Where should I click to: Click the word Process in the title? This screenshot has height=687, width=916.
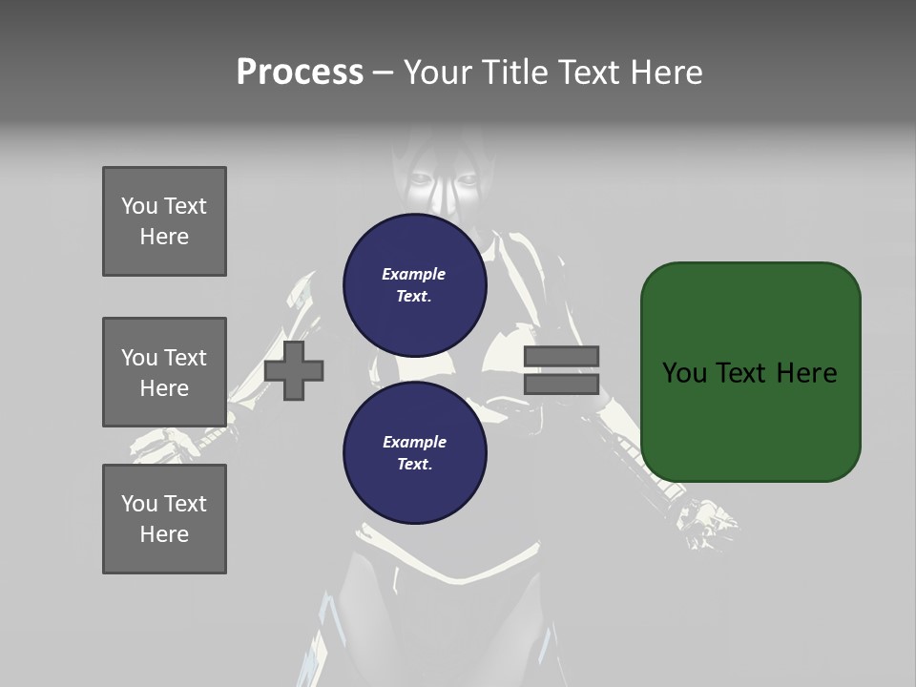300,73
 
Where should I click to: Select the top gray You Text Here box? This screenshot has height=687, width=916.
164,221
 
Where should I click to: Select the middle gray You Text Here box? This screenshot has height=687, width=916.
164,372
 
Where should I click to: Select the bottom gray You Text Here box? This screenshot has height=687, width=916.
164,519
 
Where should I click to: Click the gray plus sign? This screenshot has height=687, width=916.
294,371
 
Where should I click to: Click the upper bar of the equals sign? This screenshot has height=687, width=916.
561,356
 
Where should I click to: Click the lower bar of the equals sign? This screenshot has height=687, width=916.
561,385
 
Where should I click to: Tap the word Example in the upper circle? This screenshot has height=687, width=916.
414,274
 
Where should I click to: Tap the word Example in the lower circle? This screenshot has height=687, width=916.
414,442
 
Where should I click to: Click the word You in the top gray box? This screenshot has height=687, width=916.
139,206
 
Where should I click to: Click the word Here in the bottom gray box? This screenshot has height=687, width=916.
164,534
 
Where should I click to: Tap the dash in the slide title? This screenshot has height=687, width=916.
384,73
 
